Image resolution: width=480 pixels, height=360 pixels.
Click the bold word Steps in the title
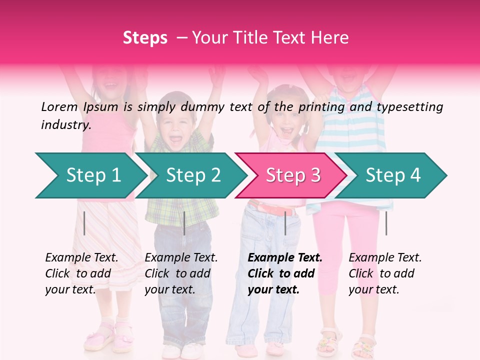pos(145,38)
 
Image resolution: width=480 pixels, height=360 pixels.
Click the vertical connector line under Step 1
pos(84,223)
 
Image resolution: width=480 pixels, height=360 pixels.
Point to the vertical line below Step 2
pos(184,223)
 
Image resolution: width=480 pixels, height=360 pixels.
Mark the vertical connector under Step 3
pos(285,223)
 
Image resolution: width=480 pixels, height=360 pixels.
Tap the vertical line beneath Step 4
pos(386,223)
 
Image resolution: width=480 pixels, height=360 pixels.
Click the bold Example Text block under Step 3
pos(285,273)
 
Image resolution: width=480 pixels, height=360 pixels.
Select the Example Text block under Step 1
pos(81,273)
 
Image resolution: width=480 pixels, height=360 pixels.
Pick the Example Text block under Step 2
pos(181,273)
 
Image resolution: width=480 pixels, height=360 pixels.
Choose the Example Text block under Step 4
pos(385,273)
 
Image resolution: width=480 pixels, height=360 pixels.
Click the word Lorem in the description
pos(59,106)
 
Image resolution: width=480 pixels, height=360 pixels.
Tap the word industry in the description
pos(65,125)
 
